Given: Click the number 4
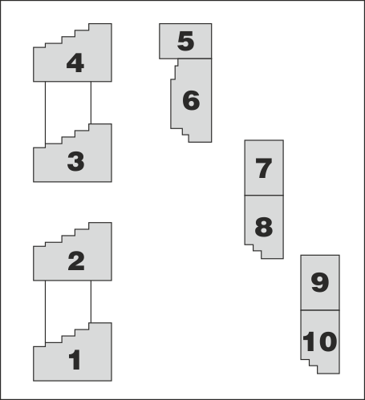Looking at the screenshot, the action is (75, 63).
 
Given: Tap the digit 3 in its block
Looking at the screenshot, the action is (76, 161).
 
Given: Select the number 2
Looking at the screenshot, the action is (76, 261).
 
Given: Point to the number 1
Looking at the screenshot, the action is (75, 360).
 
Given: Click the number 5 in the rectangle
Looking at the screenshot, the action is (185, 41).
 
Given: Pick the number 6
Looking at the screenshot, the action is (191, 100).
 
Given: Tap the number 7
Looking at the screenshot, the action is (264, 168).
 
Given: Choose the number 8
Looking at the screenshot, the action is (264, 227).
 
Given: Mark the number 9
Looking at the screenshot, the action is (320, 282).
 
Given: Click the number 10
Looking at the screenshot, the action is (320, 341).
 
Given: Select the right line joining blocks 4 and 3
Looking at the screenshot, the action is (91, 103).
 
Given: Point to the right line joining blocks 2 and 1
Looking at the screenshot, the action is (91, 301).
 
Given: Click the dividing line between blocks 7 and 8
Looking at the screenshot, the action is (264, 196).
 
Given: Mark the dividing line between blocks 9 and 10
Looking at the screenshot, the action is (320, 310).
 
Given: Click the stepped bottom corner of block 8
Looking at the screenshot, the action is (253, 252).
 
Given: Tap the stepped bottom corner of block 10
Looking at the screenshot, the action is (309, 366).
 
